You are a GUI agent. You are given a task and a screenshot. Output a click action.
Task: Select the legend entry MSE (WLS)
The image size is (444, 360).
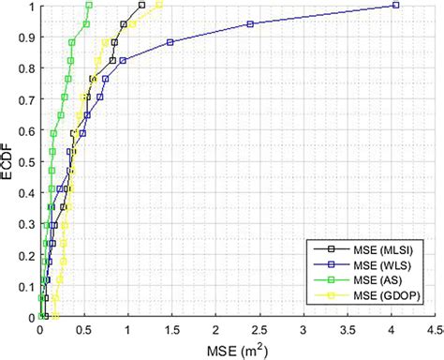tap(362, 264)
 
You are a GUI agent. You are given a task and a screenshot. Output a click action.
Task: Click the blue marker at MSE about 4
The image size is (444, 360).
tap(395, 5)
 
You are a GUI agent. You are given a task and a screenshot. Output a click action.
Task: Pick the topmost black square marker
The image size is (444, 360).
tap(141, 5)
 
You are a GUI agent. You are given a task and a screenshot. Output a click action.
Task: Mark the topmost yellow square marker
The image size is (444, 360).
tap(159, 5)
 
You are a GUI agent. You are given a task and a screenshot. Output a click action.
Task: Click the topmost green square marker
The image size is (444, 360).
tap(89, 5)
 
